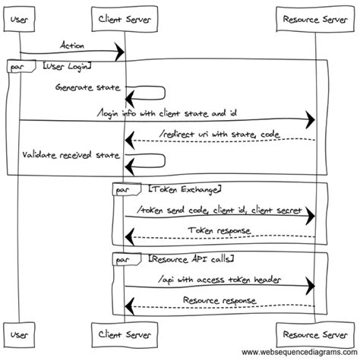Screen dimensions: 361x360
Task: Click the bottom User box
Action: tap(20, 334)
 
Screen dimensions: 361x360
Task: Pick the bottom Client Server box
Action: tap(123, 334)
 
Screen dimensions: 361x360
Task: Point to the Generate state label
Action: tap(87, 87)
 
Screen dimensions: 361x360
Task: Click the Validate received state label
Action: tap(71, 155)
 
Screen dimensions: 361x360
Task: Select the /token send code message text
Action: tap(219, 209)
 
